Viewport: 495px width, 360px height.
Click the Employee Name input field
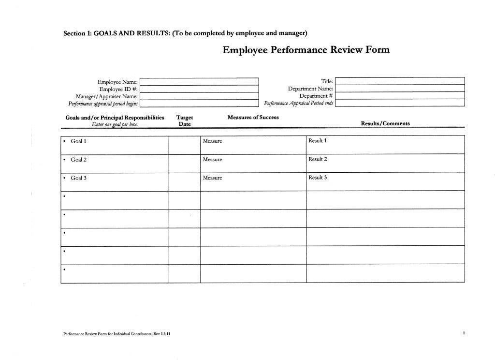tap(199, 82)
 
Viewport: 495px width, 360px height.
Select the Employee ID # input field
tap(199, 89)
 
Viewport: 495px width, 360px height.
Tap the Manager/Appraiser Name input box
tap(199, 96)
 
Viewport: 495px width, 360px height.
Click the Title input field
tap(400, 81)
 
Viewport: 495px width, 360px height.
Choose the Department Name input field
tap(400, 89)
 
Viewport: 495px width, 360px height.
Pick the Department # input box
tap(400, 96)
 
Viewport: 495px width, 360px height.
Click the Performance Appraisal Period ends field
tap(400, 103)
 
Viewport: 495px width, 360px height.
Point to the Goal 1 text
tap(78, 141)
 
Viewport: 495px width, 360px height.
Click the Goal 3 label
tap(78, 178)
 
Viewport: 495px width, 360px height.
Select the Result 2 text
tap(318, 159)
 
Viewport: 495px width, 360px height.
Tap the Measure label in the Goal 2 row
tap(212, 160)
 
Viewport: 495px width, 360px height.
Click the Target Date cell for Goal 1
tap(185, 145)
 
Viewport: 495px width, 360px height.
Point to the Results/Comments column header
tap(385, 123)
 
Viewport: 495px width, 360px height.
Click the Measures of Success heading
tap(253, 117)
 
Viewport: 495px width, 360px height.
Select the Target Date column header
tap(185, 120)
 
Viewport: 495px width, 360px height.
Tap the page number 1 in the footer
tap(464, 333)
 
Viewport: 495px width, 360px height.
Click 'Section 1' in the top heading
tap(76, 33)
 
